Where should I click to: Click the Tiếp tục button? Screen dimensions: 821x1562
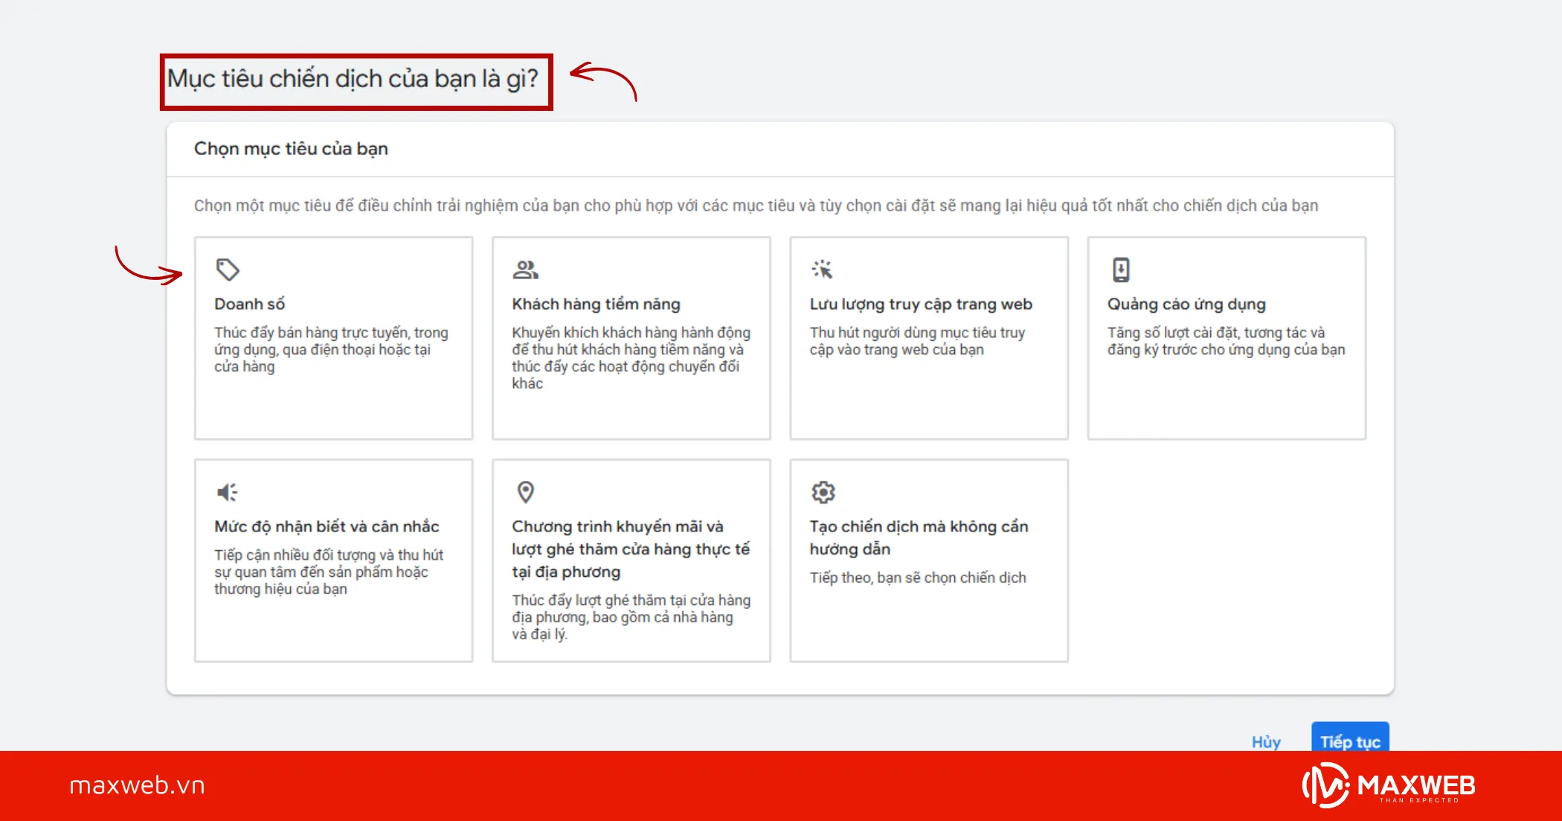click(1349, 740)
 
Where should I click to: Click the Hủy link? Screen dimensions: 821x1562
click(1266, 741)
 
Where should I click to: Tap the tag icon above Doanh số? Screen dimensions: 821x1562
click(228, 269)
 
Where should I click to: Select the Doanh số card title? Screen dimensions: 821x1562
click(250, 304)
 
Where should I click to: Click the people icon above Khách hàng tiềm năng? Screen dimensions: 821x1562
click(525, 269)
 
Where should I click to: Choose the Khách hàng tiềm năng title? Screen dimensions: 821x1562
click(596, 304)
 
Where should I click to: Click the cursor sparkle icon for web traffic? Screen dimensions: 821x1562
click(823, 269)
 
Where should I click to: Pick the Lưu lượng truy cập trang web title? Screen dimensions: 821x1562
click(921, 304)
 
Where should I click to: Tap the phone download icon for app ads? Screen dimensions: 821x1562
click(1121, 269)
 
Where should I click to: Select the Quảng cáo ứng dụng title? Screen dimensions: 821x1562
click(1186, 304)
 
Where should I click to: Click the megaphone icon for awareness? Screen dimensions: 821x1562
click(228, 492)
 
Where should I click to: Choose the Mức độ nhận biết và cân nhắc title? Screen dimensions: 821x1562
click(327, 527)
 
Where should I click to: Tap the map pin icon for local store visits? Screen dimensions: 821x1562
click(526, 492)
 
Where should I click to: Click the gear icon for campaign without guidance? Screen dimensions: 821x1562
click(823, 492)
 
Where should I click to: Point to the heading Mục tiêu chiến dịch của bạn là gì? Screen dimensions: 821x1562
click(353, 79)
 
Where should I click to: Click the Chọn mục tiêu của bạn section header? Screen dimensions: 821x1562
click(291, 149)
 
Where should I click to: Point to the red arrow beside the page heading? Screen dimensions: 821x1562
click(603, 79)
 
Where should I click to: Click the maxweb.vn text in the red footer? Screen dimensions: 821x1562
click(137, 785)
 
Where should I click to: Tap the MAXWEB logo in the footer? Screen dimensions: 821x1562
click(1389, 785)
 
